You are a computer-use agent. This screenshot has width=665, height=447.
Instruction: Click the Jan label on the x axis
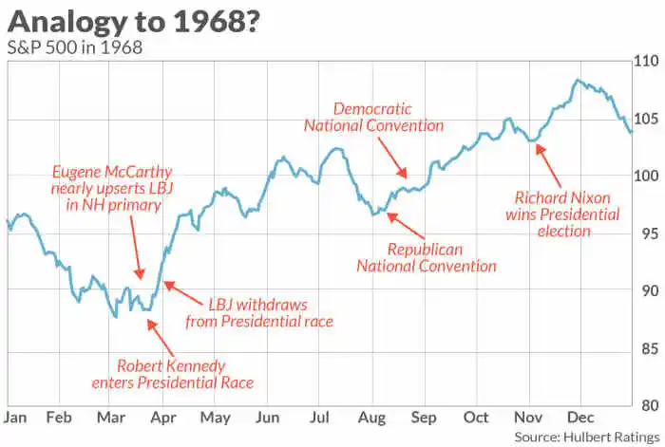click(x=15, y=418)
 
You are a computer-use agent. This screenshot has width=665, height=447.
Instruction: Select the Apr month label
click(x=163, y=418)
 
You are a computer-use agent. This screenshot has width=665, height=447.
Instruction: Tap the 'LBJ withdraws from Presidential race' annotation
click(x=271, y=313)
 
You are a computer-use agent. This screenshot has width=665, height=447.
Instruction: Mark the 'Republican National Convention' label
click(x=427, y=257)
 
